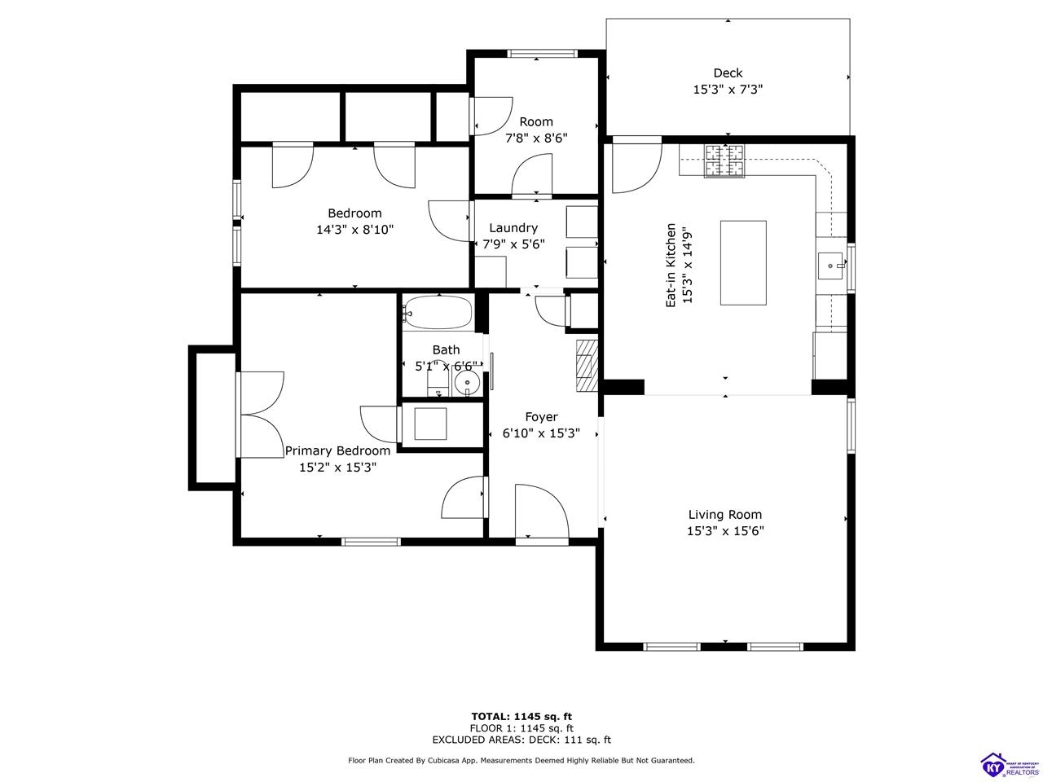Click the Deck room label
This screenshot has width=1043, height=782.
click(x=728, y=73)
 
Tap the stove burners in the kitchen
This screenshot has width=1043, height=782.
click(x=724, y=160)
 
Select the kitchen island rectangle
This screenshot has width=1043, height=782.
click(x=743, y=263)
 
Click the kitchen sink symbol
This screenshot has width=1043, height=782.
click(x=831, y=264)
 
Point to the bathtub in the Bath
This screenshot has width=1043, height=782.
click(x=438, y=312)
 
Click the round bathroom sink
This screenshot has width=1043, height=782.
click(x=465, y=384)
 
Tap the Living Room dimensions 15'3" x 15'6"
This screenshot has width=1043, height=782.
click(x=725, y=531)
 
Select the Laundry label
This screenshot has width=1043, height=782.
click(x=513, y=228)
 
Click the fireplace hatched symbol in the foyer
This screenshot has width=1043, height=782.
click(x=587, y=366)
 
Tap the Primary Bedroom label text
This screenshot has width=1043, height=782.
click(x=337, y=450)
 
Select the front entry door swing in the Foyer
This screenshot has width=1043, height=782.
click(x=540, y=511)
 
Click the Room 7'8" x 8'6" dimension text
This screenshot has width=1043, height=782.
click(x=536, y=138)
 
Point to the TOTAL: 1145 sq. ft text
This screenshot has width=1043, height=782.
click(x=521, y=716)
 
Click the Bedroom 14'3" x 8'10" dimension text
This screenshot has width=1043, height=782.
click(x=355, y=230)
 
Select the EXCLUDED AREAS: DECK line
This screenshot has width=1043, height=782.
click(x=521, y=740)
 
